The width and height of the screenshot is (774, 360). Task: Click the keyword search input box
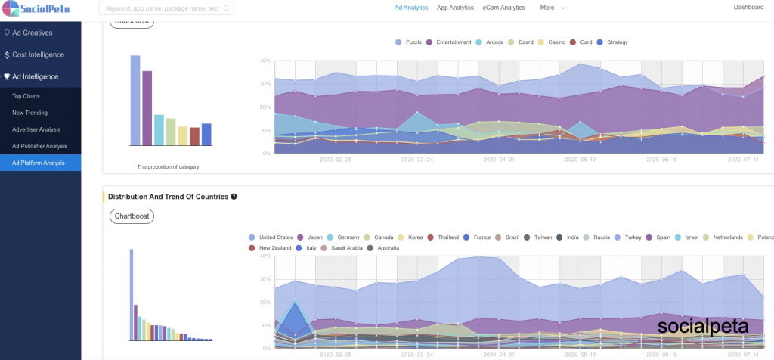click(166, 9)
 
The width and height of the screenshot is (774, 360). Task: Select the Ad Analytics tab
click(411, 8)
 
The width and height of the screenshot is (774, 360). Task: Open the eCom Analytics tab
click(503, 8)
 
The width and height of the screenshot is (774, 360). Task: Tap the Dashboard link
click(749, 7)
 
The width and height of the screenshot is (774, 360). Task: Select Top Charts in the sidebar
click(26, 96)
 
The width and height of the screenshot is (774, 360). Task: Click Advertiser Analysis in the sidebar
click(36, 129)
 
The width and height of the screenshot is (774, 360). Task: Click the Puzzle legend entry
click(409, 42)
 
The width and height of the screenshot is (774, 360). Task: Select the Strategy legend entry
click(613, 42)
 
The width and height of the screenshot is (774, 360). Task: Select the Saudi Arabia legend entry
click(342, 248)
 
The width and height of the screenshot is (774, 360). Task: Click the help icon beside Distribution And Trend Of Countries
click(234, 197)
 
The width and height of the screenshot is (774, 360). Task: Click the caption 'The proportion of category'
click(168, 166)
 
